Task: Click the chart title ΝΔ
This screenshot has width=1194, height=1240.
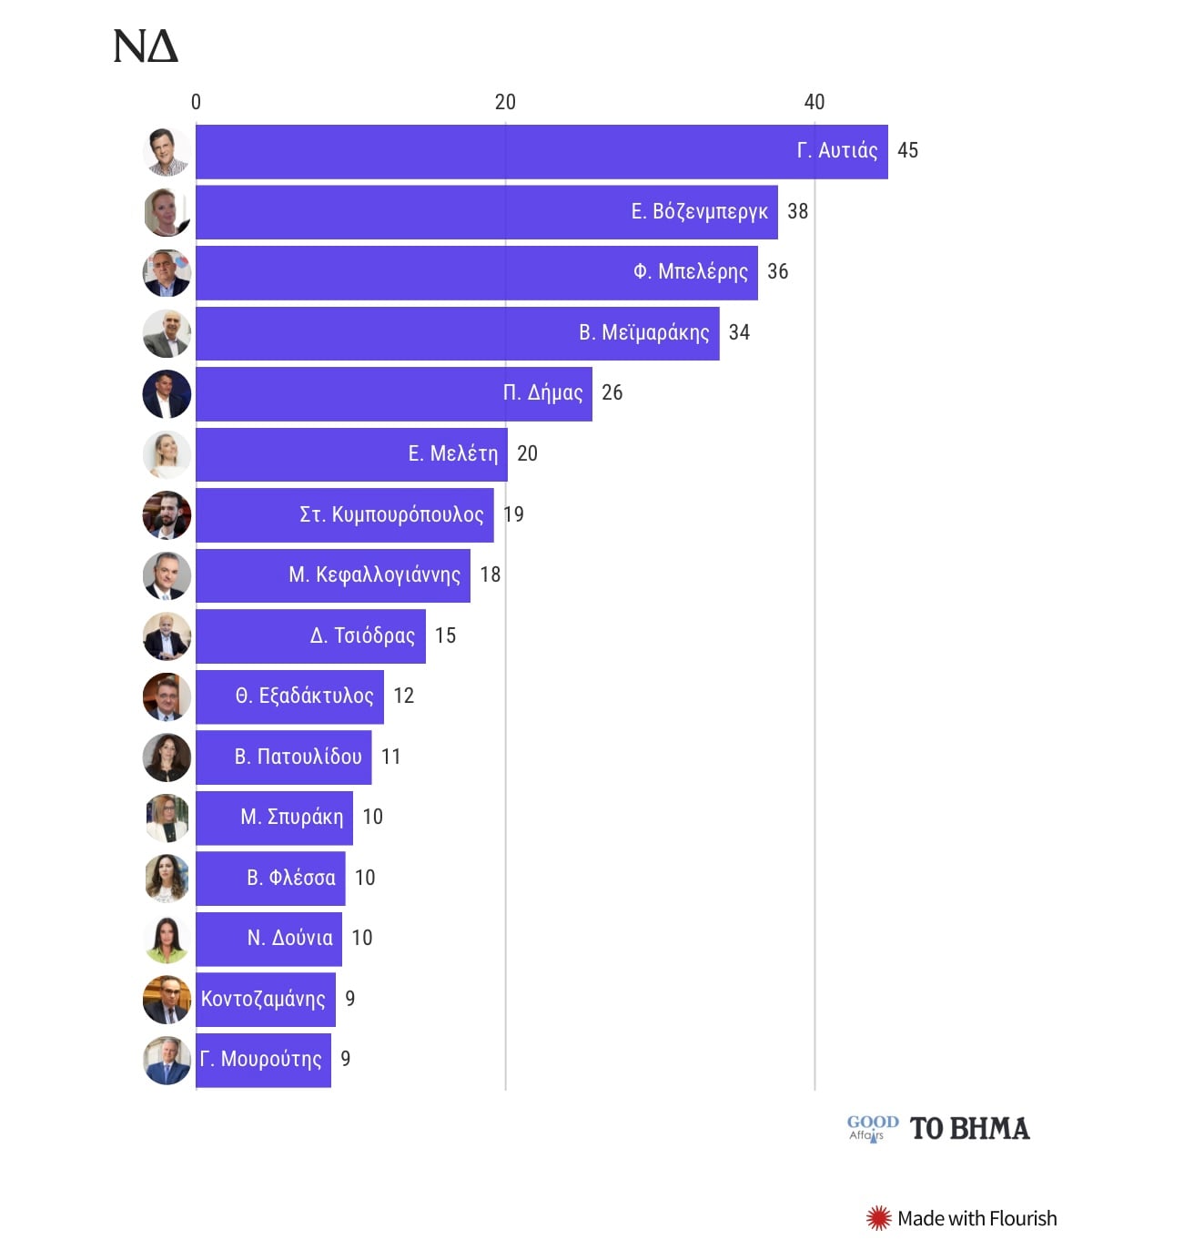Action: tap(146, 46)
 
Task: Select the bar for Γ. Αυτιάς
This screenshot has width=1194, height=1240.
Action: tap(491, 151)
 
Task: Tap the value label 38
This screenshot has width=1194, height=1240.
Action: tap(797, 211)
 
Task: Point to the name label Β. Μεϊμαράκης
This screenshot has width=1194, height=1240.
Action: tap(643, 332)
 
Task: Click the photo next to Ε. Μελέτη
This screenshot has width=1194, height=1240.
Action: tap(167, 454)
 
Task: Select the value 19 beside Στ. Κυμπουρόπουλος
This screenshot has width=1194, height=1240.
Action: tap(514, 514)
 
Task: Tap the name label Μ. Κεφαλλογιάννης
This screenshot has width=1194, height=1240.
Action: tap(374, 574)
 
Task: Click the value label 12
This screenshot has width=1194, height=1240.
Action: tap(403, 696)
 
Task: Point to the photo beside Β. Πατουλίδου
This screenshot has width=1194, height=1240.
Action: tap(167, 757)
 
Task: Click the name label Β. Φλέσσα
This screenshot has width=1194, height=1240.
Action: tap(291, 878)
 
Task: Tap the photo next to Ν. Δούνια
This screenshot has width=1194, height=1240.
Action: tap(167, 939)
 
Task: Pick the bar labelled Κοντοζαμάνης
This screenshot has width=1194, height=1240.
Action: tap(264, 999)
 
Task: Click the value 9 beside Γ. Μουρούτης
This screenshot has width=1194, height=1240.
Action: tap(346, 1059)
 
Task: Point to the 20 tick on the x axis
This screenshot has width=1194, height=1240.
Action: tap(505, 102)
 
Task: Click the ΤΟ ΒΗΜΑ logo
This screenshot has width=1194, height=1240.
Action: tap(970, 1129)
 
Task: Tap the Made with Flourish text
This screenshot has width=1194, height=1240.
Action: tap(976, 1218)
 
